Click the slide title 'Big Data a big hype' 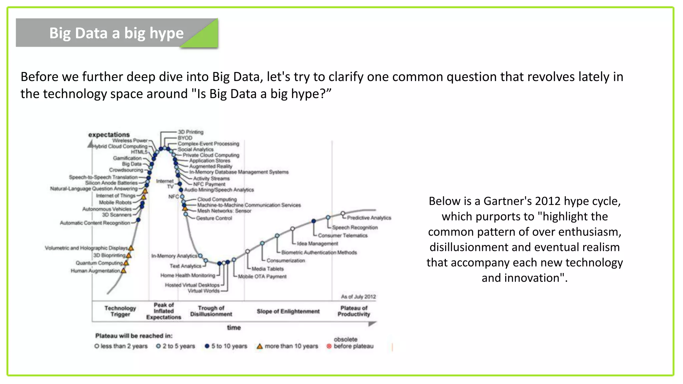(x=116, y=33)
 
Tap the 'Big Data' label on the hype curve (x=132, y=164)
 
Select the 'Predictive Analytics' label (x=369, y=218)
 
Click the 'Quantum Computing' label (x=99, y=263)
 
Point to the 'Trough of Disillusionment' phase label (x=211, y=311)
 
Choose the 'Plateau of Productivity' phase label (x=354, y=311)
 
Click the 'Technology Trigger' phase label (x=120, y=311)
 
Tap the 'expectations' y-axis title (x=109, y=135)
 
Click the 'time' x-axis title (x=234, y=328)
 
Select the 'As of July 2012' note (x=358, y=297)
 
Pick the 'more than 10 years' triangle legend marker (x=259, y=346)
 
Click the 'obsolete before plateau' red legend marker (x=329, y=346)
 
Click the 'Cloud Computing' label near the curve (x=217, y=199)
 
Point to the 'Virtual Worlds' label (x=203, y=291)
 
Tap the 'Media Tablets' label (x=267, y=269)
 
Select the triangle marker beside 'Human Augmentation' (x=124, y=271)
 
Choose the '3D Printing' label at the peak (x=190, y=132)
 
